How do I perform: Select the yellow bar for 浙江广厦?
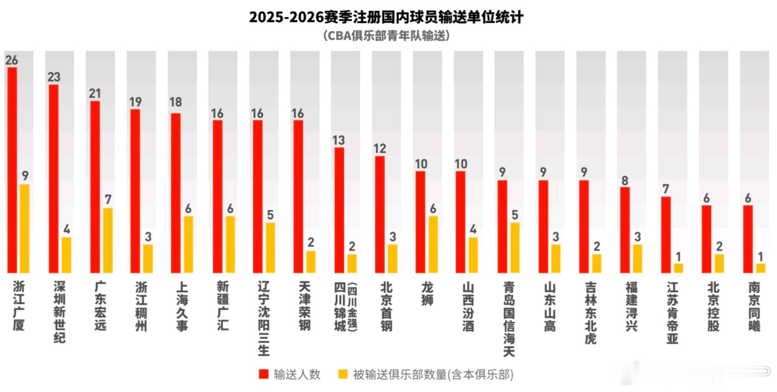pos(25,228)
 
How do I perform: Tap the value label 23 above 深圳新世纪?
pos(54,77)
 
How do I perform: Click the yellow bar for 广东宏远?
pos(108,240)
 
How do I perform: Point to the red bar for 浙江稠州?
pos(135,191)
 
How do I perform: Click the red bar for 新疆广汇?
pos(218,196)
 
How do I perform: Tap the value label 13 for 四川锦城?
pos(338,140)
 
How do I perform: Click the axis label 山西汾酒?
pos(468,306)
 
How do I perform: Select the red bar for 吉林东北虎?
pos(584,227)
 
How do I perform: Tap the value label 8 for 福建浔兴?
pos(625,181)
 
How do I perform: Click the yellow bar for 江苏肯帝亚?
pos(679,268)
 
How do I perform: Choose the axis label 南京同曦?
pos(754,306)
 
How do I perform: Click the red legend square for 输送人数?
pos(264,374)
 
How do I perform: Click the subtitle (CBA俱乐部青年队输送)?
pos(386,36)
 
